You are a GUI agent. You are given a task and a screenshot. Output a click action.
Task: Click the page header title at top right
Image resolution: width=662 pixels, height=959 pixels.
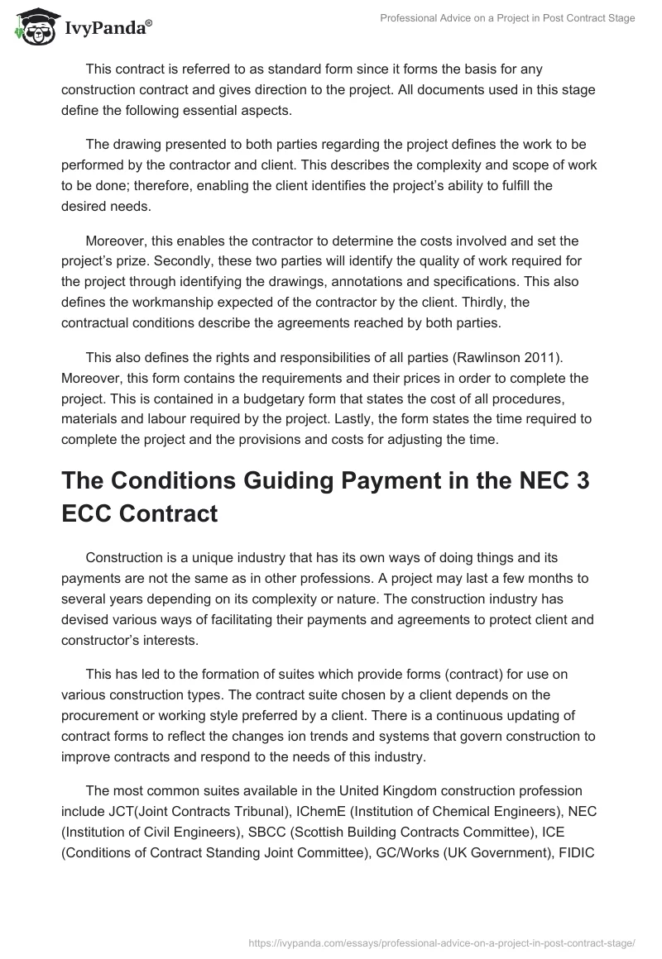click(x=507, y=18)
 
